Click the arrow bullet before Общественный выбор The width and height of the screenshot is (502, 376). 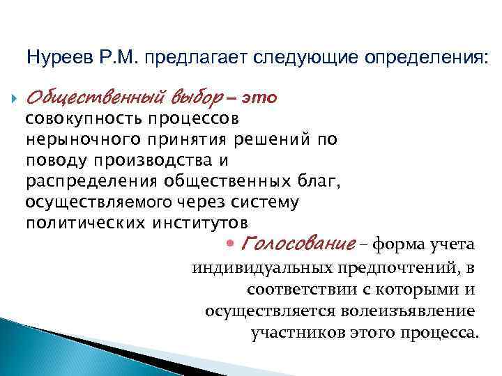pyautogui.click(x=13, y=98)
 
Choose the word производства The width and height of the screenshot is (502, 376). pyautogui.click(x=146, y=160)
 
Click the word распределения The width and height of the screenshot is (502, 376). pyautogui.click(x=91, y=181)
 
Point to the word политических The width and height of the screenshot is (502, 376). pyautogui.click(x=75, y=223)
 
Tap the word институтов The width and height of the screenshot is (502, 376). pyautogui.click(x=197, y=223)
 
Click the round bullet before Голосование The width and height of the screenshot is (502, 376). pyautogui.click(x=232, y=244)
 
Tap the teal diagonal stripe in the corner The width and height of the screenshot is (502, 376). pyautogui.click(x=28, y=341)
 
